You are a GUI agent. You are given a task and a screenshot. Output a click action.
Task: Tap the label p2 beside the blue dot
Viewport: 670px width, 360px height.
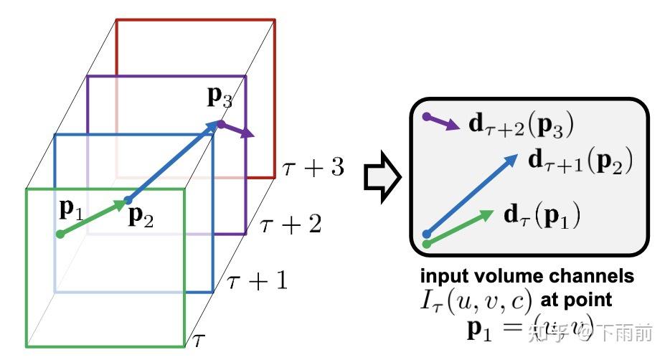pyautogui.click(x=140, y=216)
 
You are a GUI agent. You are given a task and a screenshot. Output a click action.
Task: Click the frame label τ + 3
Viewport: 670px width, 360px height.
pyautogui.click(x=313, y=168)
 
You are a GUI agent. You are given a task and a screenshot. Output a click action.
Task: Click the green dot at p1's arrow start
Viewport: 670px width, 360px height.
pyautogui.click(x=60, y=234)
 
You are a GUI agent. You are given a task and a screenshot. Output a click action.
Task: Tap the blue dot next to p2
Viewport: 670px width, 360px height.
pyautogui.click(x=128, y=200)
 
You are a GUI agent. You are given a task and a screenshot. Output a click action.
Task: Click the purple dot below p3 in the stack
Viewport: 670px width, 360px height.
pyautogui.click(x=222, y=124)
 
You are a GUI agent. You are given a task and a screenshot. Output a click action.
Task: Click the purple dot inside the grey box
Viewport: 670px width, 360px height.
pyautogui.click(x=427, y=116)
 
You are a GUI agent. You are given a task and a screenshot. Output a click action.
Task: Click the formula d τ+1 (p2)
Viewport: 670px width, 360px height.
pyautogui.click(x=580, y=161)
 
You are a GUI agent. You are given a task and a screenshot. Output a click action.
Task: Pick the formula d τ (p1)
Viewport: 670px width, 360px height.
pyautogui.click(x=543, y=214)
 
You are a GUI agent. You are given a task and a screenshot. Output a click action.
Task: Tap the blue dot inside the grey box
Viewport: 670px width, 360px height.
pyautogui.click(x=428, y=233)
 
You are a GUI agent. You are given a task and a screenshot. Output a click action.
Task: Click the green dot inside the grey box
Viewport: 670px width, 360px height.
pyautogui.click(x=428, y=244)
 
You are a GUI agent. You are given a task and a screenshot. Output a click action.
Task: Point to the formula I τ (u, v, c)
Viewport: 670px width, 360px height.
pyautogui.click(x=474, y=300)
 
